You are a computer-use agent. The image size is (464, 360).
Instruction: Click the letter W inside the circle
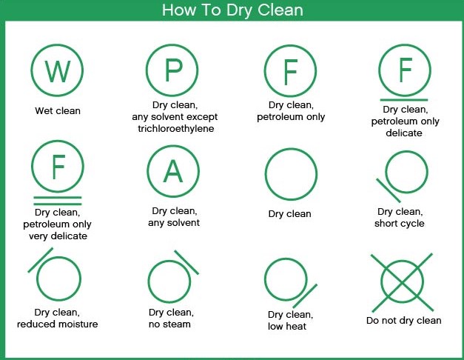pos(58,71)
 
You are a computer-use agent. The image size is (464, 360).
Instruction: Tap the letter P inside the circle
pos(173,70)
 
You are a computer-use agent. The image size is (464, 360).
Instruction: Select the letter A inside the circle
pos(173,171)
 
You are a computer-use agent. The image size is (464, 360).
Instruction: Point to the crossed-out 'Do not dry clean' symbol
pos(402,282)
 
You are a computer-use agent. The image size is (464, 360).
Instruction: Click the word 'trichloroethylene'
pos(176,129)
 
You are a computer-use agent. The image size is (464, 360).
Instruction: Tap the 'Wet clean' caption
pos(58,111)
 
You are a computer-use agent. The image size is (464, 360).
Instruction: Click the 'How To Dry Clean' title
pos(232,10)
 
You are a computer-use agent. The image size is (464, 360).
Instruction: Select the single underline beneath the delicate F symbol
pos(404,100)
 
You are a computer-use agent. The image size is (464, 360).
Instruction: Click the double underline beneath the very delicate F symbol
pos(58,201)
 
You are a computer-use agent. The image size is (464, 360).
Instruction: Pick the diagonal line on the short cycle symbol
pos(389,190)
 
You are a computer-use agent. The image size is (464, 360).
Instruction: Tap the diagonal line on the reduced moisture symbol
pos(41,260)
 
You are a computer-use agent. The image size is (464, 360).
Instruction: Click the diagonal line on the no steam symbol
pos(186,262)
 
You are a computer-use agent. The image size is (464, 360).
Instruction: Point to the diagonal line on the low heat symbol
pos(305,296)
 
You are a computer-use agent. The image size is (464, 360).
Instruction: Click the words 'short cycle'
pos(400,223)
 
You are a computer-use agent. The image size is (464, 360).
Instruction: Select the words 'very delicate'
pos(58,236)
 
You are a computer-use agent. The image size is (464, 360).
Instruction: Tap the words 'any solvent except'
pos(175,117)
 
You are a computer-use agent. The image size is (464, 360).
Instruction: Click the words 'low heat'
pos(287,326)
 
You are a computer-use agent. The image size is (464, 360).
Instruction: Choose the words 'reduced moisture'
pos(58,324)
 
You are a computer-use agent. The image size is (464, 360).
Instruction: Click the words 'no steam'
pos(169,324)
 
